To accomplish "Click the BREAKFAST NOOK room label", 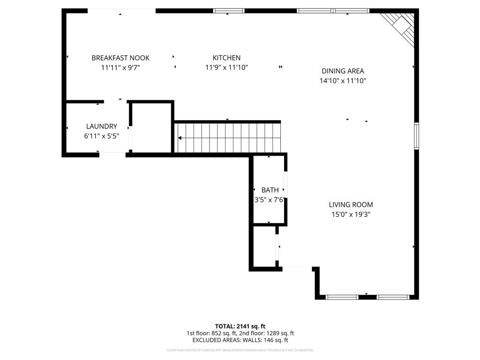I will tap(120, 58).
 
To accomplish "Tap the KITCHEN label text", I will tap(226, 58).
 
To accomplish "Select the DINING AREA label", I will tap(343, 71).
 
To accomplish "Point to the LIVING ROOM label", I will tap(351, 205).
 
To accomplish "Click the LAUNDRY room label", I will tap(101, 127).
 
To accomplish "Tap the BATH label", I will tap(270, 190).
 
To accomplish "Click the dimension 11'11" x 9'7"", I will tap(120, 67).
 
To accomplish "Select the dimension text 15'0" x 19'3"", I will tap(351, 215).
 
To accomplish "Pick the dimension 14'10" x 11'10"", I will tap(343, 81).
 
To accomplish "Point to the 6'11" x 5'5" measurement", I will tap(101, 136).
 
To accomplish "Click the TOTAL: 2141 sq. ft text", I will tap(240, 326).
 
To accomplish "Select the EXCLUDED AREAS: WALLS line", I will tap(240, 340).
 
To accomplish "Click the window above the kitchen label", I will tap(229, 11).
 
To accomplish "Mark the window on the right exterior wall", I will tap(416, 136).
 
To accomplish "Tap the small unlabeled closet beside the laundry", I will tap(151, 127).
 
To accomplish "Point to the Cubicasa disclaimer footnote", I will tap(240, 350).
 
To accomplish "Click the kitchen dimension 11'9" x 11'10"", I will tap(226, 67).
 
